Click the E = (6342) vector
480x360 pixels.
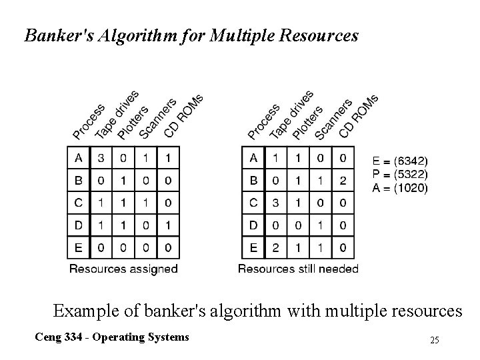(x=401, y=161)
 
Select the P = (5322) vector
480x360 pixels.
(x=400, y=175)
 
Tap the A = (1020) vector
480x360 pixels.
(x=400, y=188)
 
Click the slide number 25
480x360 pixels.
(x=435, y=341)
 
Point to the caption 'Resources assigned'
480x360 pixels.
(x=124, y=269)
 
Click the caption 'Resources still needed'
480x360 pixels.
(x=298, y=269)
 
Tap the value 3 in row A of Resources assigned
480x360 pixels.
(x=101, y=159)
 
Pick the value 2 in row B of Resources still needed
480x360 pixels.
(x=343, y=181)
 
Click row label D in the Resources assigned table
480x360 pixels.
(x=79, y=226)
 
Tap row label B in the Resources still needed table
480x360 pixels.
(x=253, y=181)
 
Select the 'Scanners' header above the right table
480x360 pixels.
(x=332, y=119)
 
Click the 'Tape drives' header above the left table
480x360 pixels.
(x=116, y=115)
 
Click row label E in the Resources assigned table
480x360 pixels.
(x=79, y=248)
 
